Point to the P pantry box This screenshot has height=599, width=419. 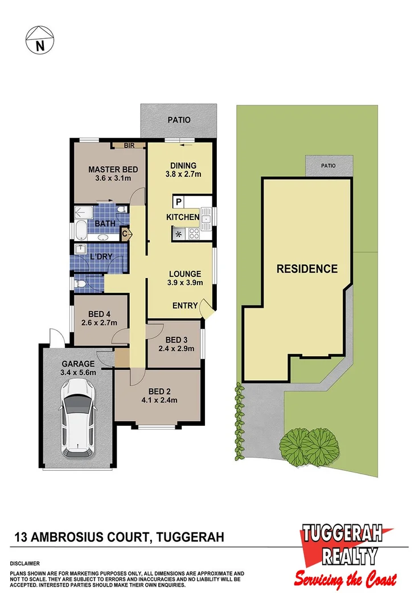pos(179,202)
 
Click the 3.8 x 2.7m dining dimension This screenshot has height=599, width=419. pos(184,174)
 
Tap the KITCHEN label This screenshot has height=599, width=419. pos(182,218)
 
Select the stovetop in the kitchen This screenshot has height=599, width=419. pos(194,233)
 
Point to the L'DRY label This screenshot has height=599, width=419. pos(101,258)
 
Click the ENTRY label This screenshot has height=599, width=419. pos(185,306)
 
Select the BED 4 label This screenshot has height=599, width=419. pos(100,313)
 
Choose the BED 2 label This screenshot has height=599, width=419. pos(159,391)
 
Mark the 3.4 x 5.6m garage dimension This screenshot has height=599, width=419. pos(78,373)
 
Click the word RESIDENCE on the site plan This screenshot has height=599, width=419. pos(307,268)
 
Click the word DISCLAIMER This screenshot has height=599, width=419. pos(24,563)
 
